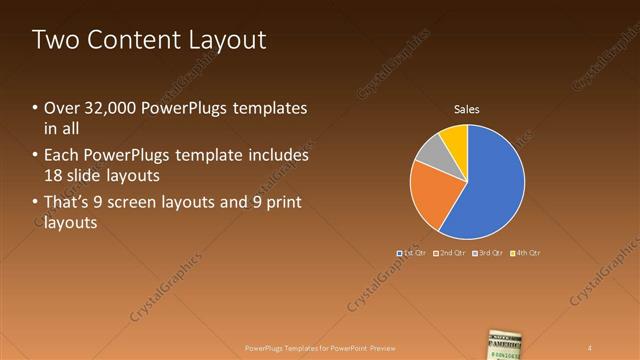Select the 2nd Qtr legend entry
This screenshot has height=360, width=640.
coord(450,254)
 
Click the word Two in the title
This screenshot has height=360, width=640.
coord(55,40)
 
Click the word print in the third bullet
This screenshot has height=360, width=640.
coord(284,203)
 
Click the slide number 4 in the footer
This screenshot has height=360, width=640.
coord(590,348)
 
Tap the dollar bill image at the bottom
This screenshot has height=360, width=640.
coord(507,343)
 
